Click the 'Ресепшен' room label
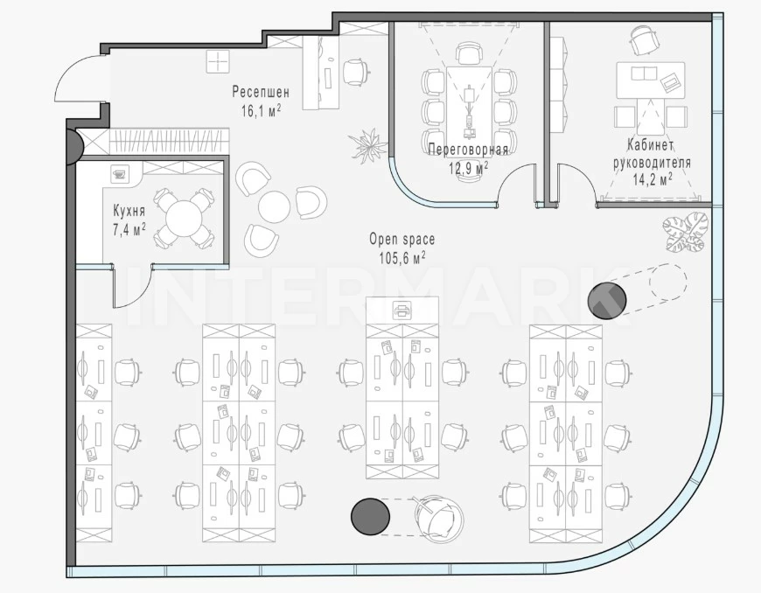[261, 92]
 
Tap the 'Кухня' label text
[129, 211]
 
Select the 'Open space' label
[401, 240]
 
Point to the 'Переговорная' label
[468, 150]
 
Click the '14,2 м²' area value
[653, 179]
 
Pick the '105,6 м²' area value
[401, 258]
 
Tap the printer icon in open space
[401, 310]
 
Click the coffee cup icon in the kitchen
[118, 173]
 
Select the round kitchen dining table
[183, 219]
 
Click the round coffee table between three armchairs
[274, 206]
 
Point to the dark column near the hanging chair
[370, 517]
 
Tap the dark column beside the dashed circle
[607, 300]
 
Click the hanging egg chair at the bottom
[438, 516]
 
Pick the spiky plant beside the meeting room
[368, 143]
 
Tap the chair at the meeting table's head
[470, 52]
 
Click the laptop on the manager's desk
[671, 82]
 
